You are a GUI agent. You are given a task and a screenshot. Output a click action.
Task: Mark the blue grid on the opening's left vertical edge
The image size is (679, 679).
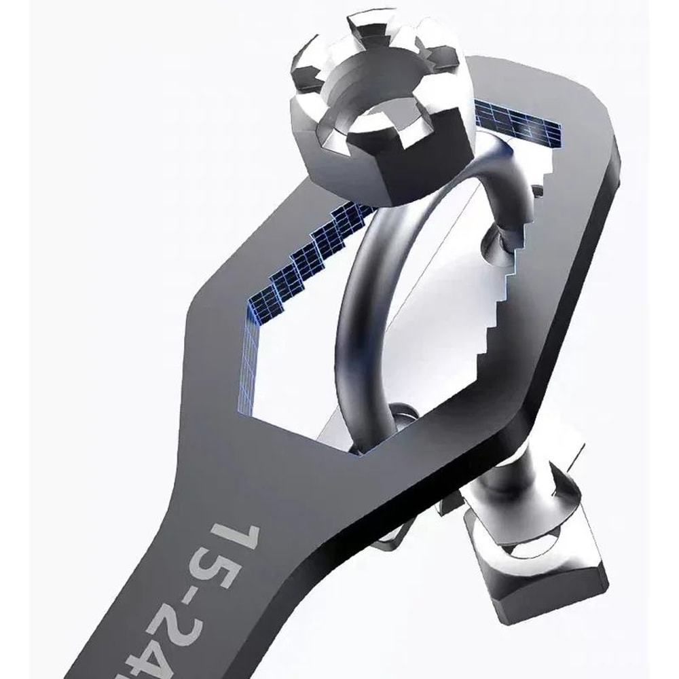(248, 367)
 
